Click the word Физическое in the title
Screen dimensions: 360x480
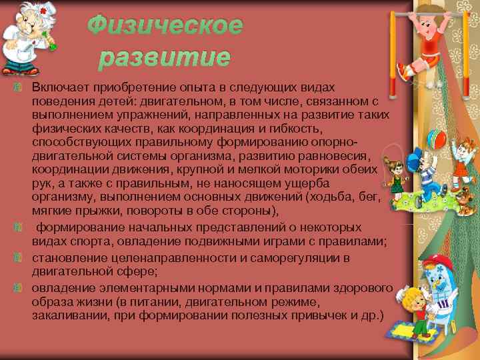[x=165, y=26]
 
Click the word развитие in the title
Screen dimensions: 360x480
[x=164, y=58]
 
